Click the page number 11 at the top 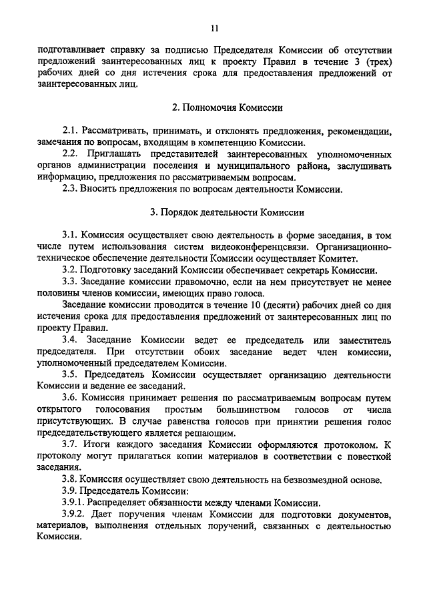click(x=213, y=28)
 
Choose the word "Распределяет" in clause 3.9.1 click(x=117, y=502)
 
